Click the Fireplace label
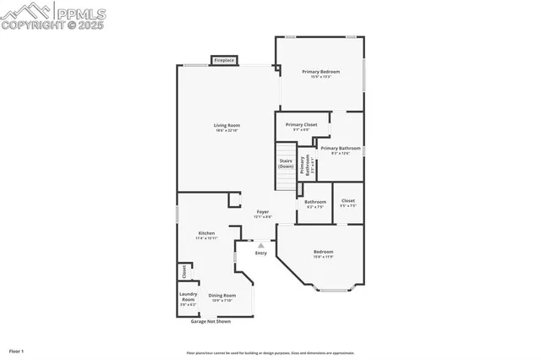[x=224, y=61]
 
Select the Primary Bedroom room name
[x=320, y=72]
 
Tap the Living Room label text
[x=227, y=125]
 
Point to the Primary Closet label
[x=301, y=124]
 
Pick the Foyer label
[x=263, y=212]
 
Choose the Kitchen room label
[x=207, y=232]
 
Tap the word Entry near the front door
[x=261, y=253]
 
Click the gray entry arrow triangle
[x=260, y=245]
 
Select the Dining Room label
[x=223, y=295]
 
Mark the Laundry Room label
[x=188, y=297]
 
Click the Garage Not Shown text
[x=210, y=321]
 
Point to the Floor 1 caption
[x=17, y=350]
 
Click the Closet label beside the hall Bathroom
[x=347, y=200]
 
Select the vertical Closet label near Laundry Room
[x=184, y=271]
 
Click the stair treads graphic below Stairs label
[x=286, y=182]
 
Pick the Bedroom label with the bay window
[x=324, y=252]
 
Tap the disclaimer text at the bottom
[x=270, y=353]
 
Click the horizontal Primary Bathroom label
[x=341, y=148]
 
